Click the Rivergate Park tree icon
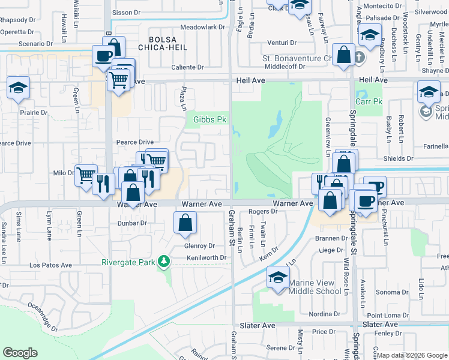pyautogui.click(x=163, y=261)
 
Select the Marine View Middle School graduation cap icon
pyautogui.click(x=278, y=278)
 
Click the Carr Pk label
pyautogui.click(x=369, y=101)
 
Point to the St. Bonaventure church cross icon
pyautogui.click(x=359, y=58)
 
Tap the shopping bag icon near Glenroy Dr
pyautogui.click(x=185, y=223)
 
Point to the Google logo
pyautogui.click(x=20, y=353)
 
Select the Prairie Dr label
pyautogui.click(x=33, y=112)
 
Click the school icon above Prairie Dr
pyautogui.click(x=18, y=89)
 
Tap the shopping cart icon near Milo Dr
pyautogui.click(x=86, y=175)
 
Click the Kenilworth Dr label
pyautogui.click(x=206, y=258)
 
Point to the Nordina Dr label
pyautogui.click(x=325, y=314)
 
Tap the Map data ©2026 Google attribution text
pyautogui.click(x=411, y=355)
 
